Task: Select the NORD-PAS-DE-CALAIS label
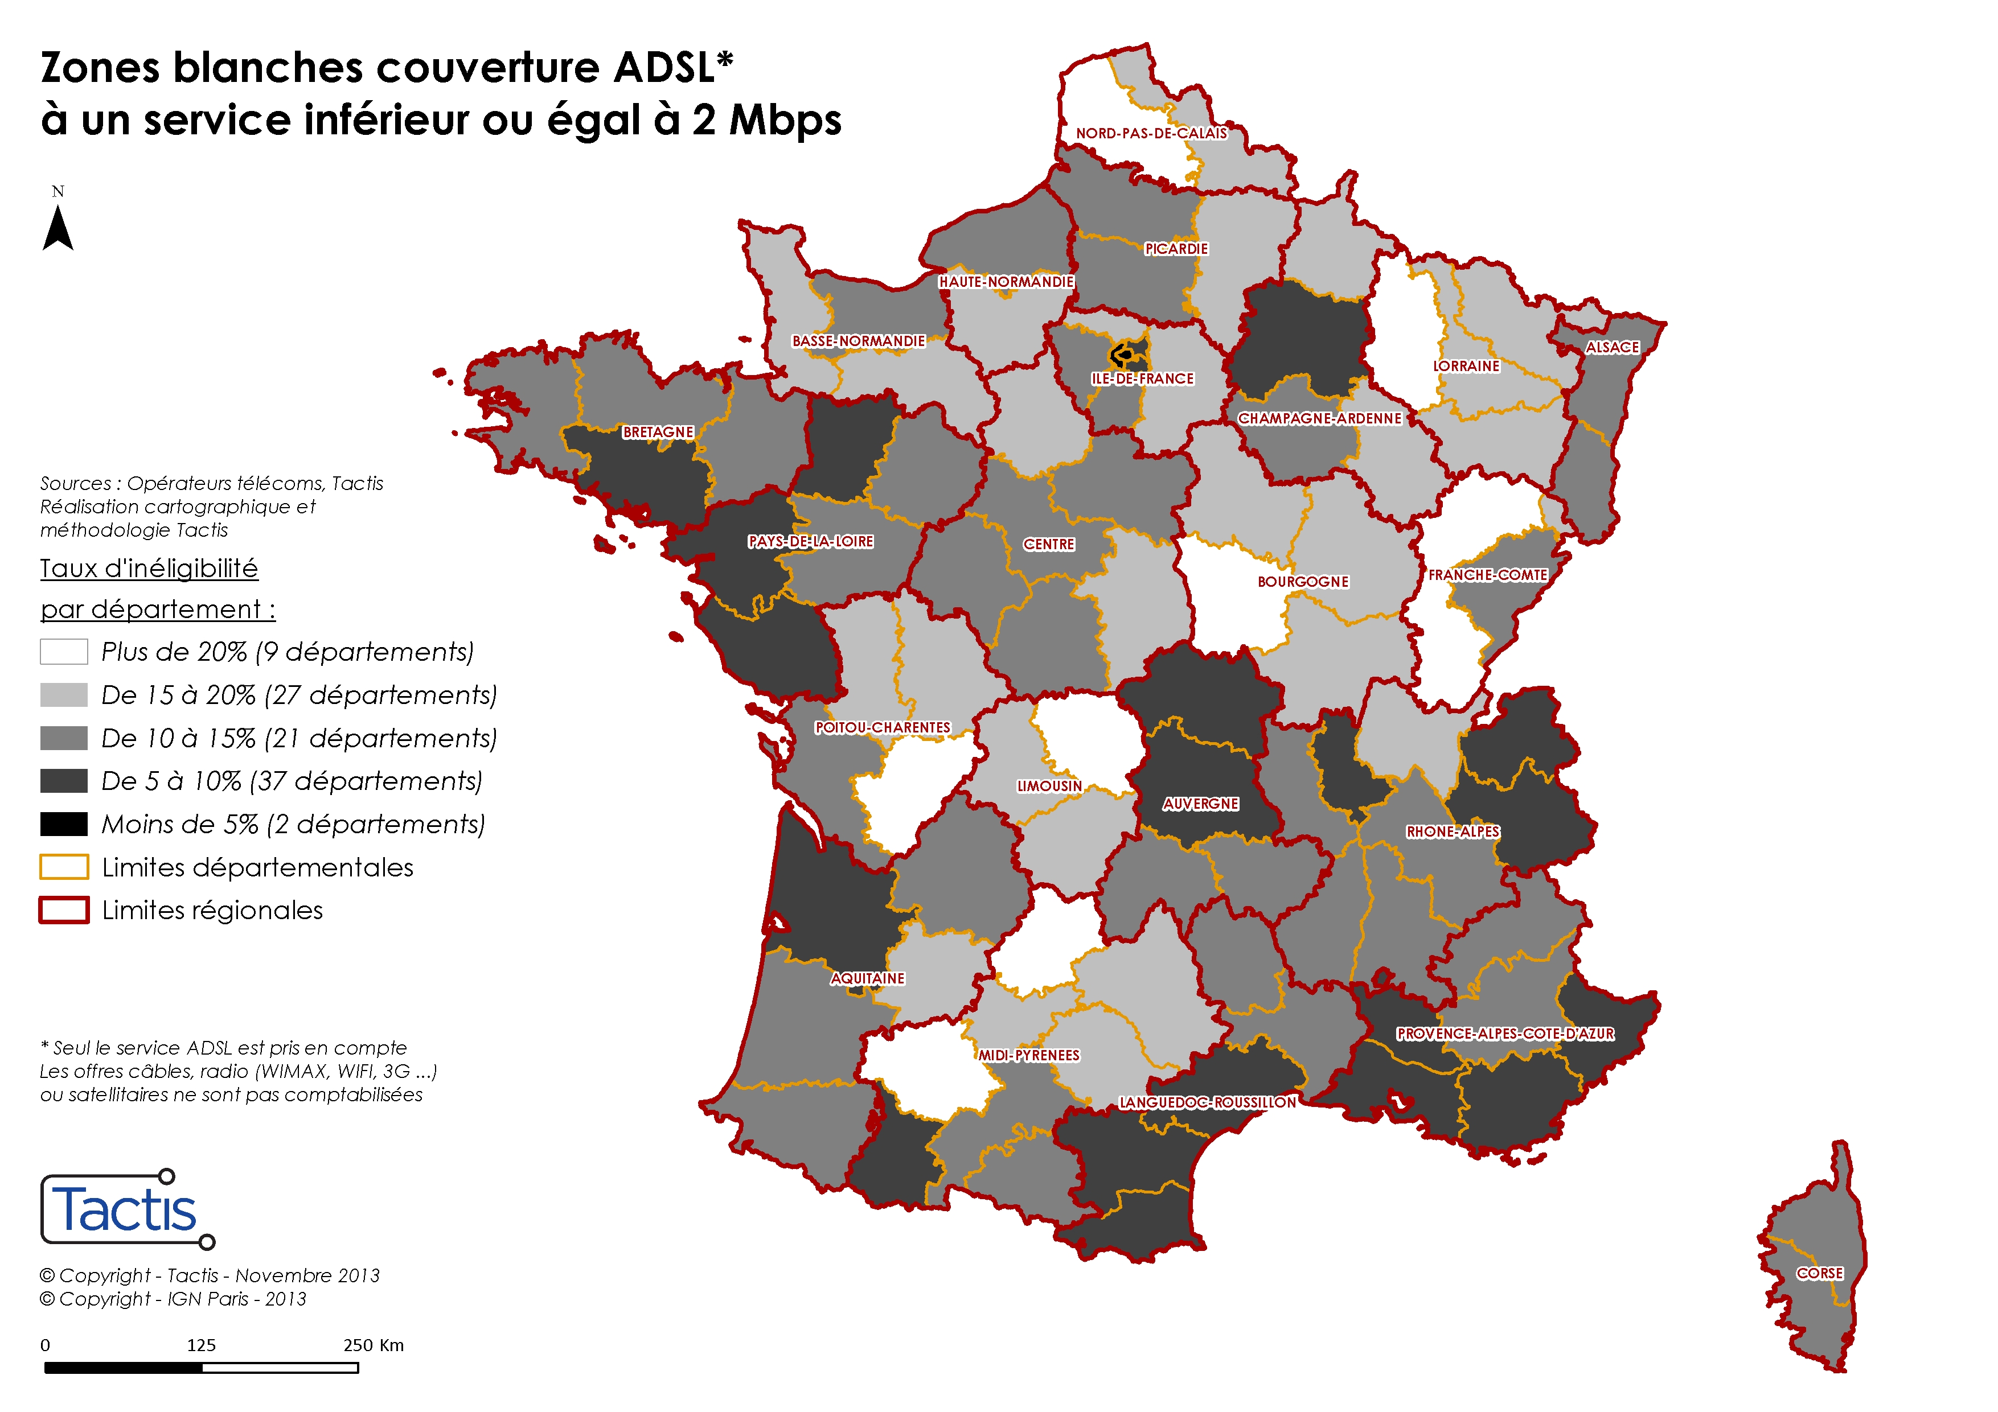pyautogui.click(x=1151, y=133)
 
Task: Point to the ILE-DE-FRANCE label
pyautogui.click(x=1143, y=378)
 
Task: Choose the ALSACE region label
pyautogui.click(x=1611, y=347)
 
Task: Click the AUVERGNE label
pyautogui.click(x=1201, y=804)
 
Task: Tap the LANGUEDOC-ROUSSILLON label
pyautogui.click(x=1208, y=1102)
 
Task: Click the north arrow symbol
pyautogui.click(x=58, y=228)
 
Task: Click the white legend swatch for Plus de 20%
pyautogui.click(x=64, y=652)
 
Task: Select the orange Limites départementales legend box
pyautogui.click(x=64, y=867)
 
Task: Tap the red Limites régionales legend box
pyautogui.click(x=64, y=910)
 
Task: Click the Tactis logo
pyautogui.click(x=126, y=1209)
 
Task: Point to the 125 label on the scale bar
pyautogui.click(x=201, y=1345)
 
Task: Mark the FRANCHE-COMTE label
pyautogui.click(x=1487, y=575)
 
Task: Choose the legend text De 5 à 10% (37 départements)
pyautogui.click(x=292, y=781)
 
